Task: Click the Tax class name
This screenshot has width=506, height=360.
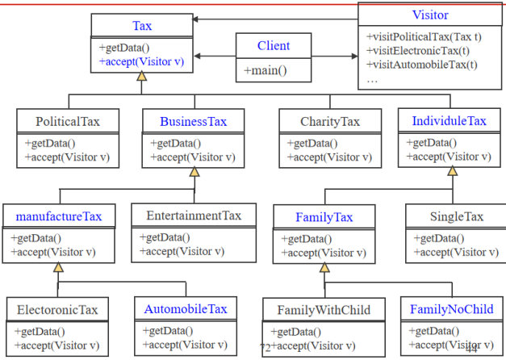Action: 141,26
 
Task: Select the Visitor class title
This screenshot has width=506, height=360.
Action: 429,15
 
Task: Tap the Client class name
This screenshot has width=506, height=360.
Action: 274,45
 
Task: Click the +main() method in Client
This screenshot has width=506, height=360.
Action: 266,71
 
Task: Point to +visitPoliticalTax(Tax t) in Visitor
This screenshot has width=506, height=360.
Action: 424,37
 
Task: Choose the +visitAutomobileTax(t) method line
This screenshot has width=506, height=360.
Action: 421,65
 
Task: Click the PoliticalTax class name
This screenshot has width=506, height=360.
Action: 68,122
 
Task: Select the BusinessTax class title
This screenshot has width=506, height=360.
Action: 193,122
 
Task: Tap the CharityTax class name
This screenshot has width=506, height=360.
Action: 330,122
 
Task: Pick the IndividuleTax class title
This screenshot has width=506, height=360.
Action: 449,121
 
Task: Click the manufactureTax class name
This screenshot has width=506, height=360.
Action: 59,216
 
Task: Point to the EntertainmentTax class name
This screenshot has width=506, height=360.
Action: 194,216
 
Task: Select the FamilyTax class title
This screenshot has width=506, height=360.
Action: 324,217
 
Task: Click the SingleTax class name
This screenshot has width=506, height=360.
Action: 457,216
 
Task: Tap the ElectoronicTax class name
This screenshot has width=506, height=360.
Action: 57,310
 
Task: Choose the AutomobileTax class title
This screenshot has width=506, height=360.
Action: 186,309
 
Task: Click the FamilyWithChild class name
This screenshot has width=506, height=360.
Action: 324,310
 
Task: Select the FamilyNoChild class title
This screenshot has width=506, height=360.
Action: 451,309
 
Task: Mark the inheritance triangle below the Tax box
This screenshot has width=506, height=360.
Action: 142,77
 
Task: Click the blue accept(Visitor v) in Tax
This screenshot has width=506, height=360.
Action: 142,61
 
